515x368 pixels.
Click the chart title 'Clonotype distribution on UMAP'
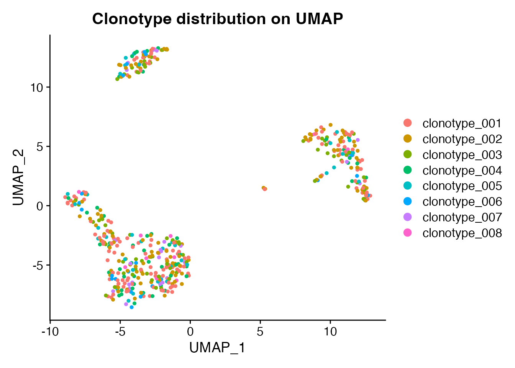click(x=217, y=19)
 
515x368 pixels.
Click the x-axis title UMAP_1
click(x=217, y=347)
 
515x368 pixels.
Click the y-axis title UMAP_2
click(x=18, y=177)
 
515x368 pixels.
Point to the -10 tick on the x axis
click(x=50, y=331)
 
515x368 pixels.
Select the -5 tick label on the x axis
click(x=120, y=331)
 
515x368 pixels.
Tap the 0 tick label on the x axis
click(x=190, y=331)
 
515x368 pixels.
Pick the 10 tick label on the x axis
click(x=330, y=331)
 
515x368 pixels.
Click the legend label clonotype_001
click(x=462, y=123)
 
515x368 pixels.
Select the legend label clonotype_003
click(x=462, y=154)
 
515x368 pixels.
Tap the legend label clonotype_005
click(x=462, y=186)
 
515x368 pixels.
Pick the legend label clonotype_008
click(x=462, y=233)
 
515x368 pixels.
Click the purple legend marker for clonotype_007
click(x=408, y=217)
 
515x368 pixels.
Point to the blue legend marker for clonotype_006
click(x=408, y=201)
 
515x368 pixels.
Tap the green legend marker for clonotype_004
click(x=408, y=170)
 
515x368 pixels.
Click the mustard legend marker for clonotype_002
click(x=408, y=138)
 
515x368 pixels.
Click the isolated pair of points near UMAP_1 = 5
click(x=264, y=188)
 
